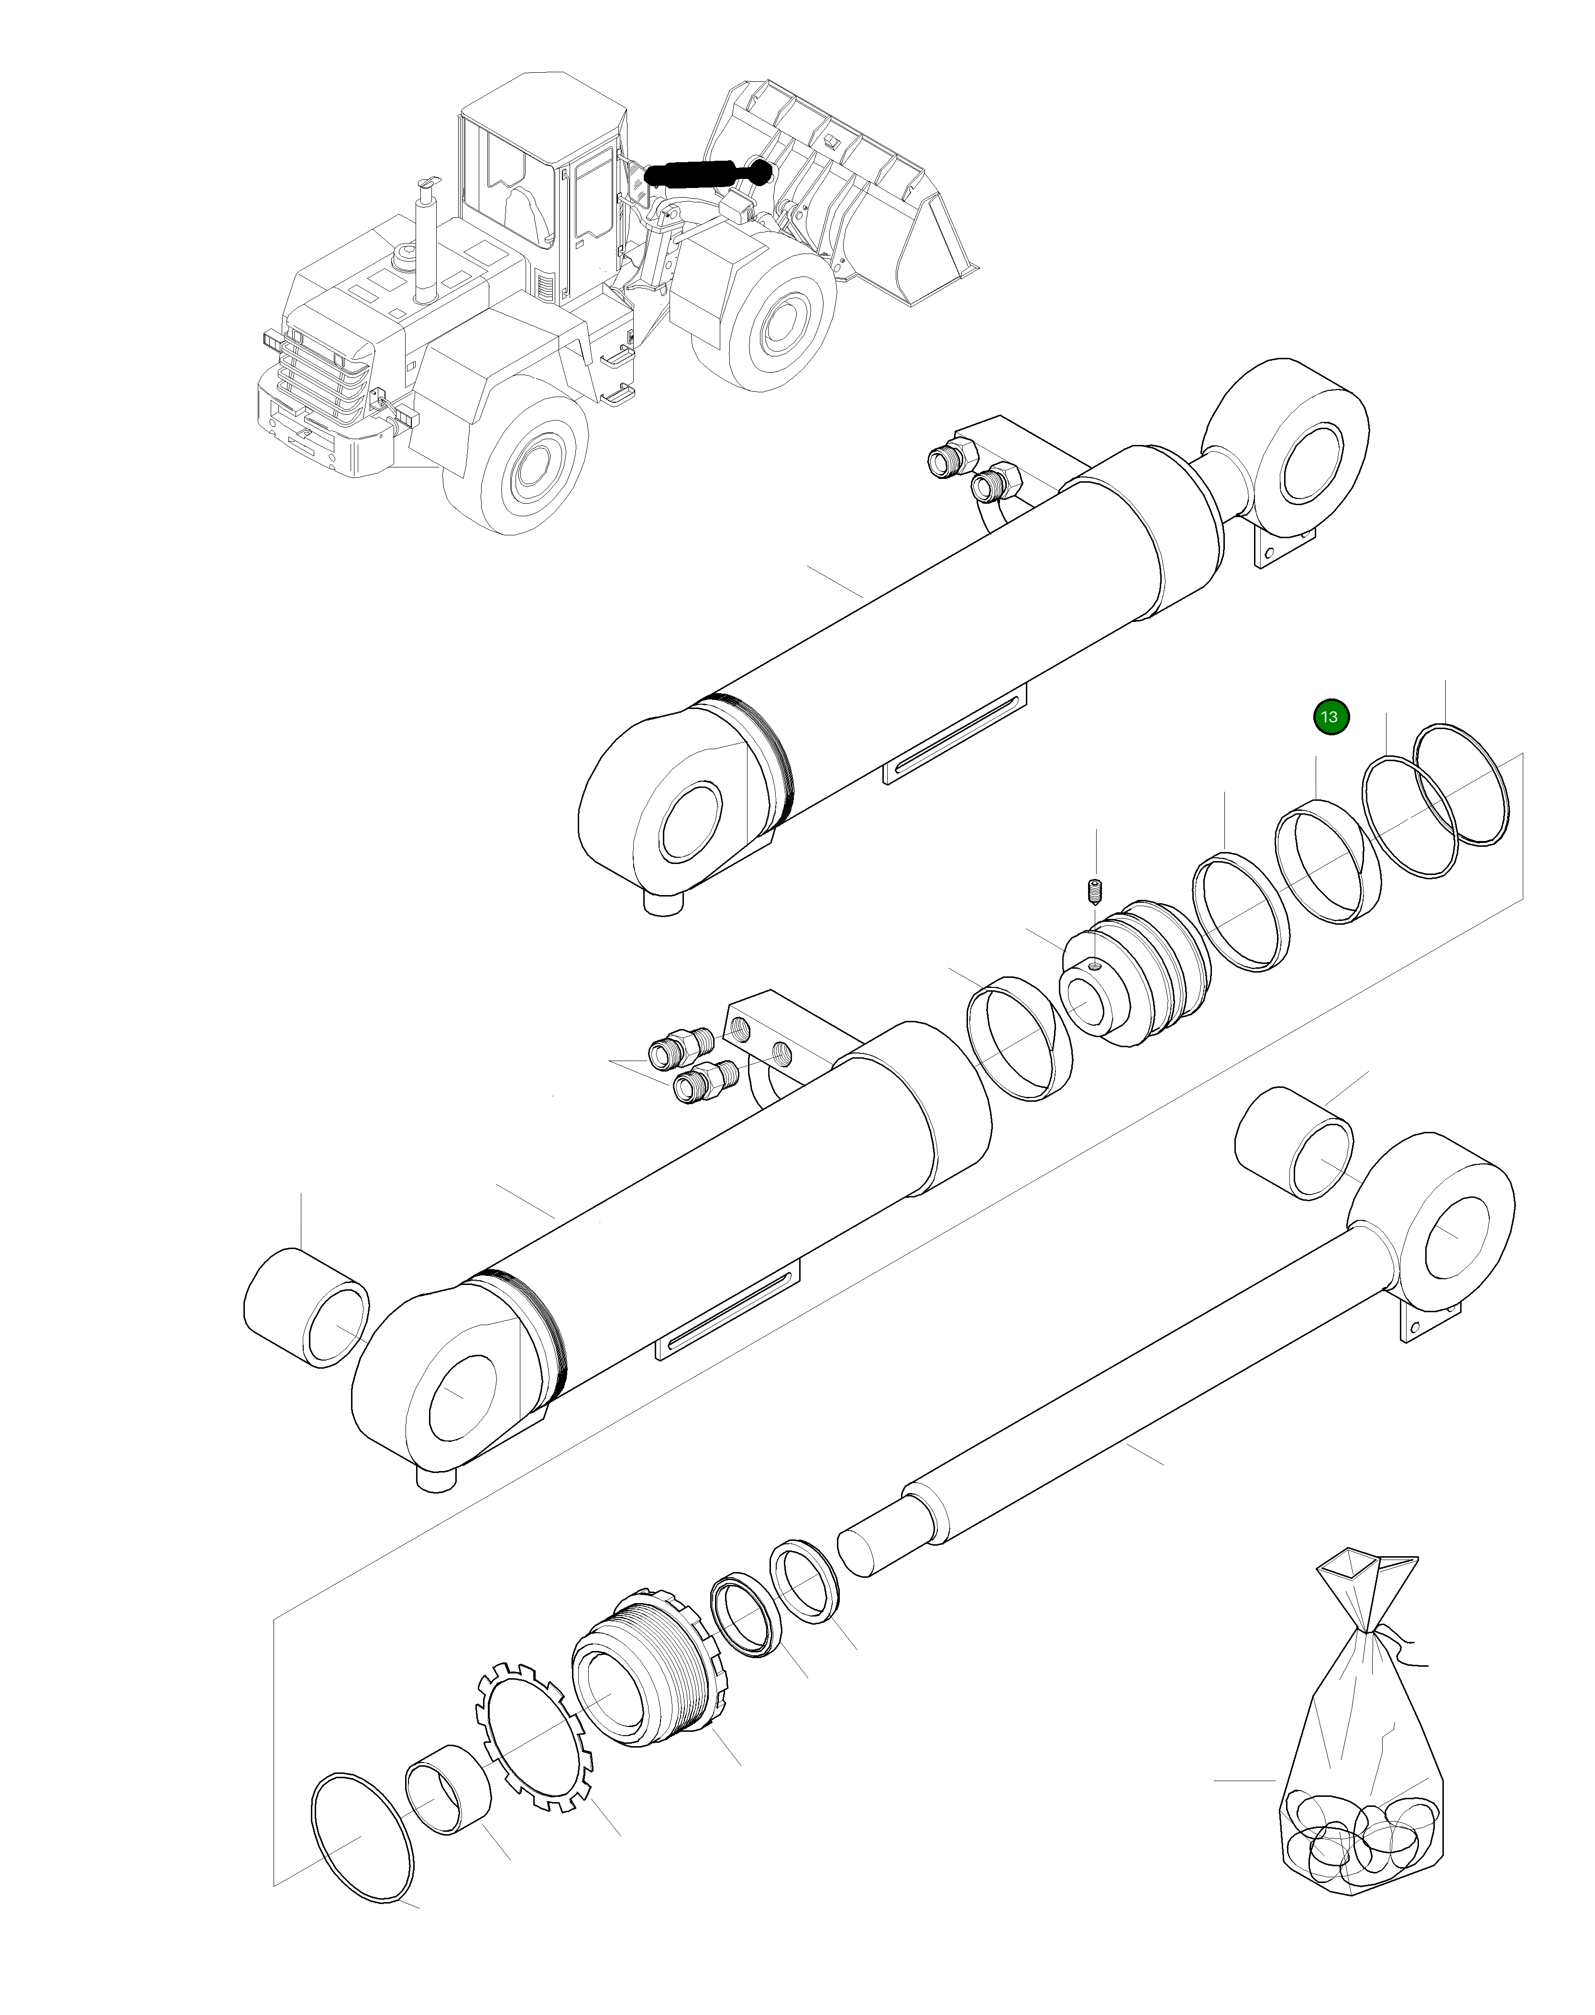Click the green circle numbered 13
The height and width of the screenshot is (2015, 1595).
coord(1331,718)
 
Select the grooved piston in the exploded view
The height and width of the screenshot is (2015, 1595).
coord(1134,974)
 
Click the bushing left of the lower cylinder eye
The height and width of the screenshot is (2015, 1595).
coord(305,1308)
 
